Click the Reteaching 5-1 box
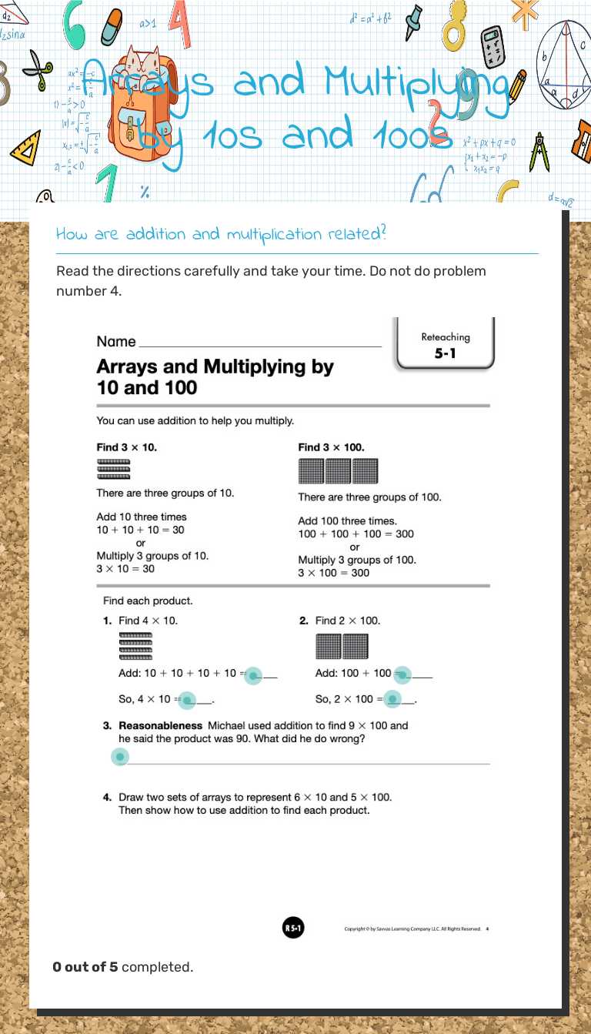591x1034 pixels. [445, 346]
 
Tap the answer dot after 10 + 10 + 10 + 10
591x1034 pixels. [253, 675]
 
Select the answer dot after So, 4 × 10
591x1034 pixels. [187, 701]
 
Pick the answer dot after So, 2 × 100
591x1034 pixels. [392, 700]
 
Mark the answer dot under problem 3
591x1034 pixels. [119, 758]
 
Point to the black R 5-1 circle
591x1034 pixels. [293, 929]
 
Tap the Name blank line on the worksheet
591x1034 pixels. [259, 343]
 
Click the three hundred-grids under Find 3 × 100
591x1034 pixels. [338, 470]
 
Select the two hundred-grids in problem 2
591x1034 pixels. [342, 646]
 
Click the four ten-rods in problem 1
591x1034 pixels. [135, 647]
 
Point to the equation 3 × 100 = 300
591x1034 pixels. [333, 573]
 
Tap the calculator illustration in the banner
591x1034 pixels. [492, 47]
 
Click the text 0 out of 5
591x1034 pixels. [85, 967]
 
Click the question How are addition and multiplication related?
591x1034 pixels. [221, 234]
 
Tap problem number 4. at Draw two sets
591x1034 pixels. [108, 797]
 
